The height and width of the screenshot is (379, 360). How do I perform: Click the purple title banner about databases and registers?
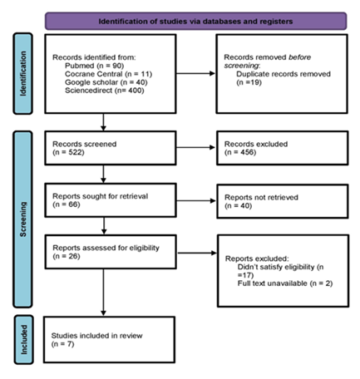click(195, 19)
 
